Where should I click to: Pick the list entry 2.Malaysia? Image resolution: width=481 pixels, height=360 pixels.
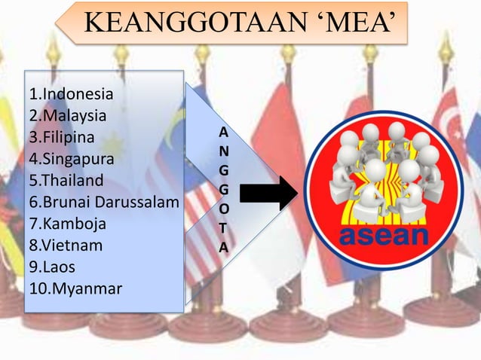[x=67, y=117]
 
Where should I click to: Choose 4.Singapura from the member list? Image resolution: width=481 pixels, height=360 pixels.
[x=72, y=160]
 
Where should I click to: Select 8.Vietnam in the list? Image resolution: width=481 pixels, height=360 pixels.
[x=66, y=246]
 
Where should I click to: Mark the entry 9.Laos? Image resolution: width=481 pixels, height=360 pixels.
[x=53, y=267]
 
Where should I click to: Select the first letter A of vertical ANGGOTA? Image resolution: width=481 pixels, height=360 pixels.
[x=224, y=132]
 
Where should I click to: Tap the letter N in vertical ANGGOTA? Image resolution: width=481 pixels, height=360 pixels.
[x=224, y=151]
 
